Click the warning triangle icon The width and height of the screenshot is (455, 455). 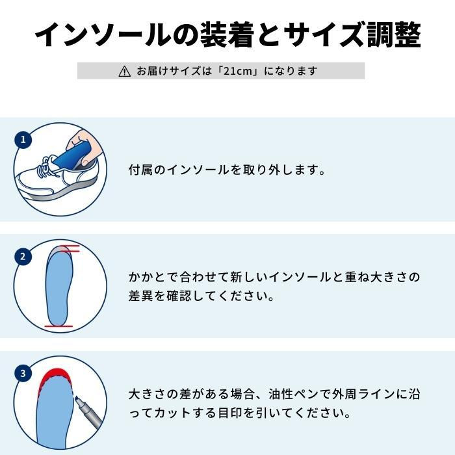[x=125, y=71]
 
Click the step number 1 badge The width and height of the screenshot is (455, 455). [x=23, y=140]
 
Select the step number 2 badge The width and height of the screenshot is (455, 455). [x=23, y=257]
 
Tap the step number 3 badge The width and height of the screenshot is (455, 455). [x=23, y=373]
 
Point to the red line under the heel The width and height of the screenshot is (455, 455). [x=58, y=326]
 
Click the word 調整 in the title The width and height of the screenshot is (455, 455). [x=394, y=35]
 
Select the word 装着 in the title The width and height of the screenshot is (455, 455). [x=227, y=35]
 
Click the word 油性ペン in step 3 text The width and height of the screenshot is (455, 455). [x=293, y=395]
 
